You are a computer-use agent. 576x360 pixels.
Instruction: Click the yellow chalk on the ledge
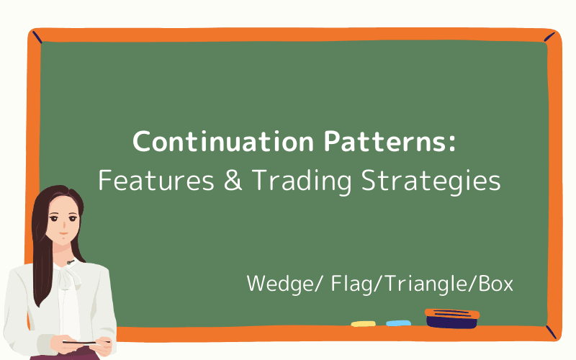[364, 323]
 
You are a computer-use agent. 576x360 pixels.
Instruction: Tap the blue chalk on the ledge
[398, 323]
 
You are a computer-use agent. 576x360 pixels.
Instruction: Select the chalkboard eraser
[451, 318]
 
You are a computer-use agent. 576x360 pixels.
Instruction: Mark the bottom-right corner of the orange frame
[551, 332]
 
